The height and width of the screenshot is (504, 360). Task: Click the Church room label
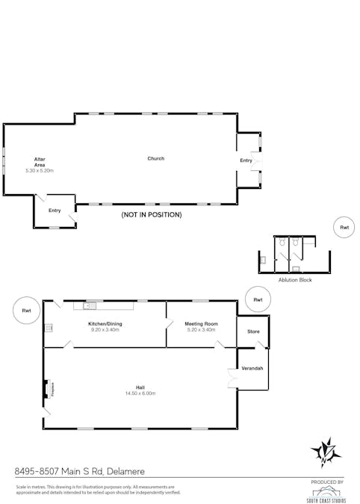155,158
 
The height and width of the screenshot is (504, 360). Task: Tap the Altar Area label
40,162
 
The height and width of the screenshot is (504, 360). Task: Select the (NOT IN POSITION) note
152,214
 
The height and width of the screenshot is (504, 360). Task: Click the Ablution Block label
294,279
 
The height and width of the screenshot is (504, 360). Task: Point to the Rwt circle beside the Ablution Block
344,227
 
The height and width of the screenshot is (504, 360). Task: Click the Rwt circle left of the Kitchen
26,311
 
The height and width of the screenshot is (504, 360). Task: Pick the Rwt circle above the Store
258,299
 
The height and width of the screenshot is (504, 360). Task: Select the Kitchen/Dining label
106,324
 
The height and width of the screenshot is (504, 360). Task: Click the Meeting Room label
200,324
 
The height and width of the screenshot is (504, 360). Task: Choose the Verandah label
252,368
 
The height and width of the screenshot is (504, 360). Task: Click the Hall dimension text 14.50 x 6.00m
140,393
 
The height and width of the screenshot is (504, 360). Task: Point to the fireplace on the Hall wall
49,389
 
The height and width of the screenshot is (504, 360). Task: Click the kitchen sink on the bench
90,305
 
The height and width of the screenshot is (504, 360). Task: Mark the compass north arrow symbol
326,450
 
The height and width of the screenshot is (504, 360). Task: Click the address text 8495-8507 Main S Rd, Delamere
80,471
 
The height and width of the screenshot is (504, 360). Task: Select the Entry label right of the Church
246,161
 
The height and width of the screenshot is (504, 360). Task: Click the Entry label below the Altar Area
55,211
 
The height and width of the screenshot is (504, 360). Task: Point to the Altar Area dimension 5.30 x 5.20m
40,171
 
